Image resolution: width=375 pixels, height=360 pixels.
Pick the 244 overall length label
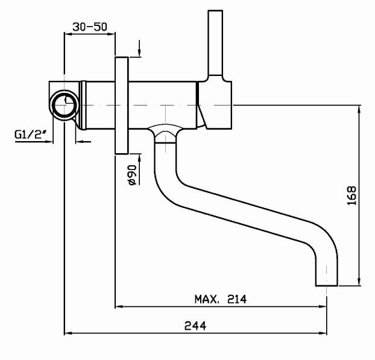tap(196, 325)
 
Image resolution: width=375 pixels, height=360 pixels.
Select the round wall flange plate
tap(121, 106)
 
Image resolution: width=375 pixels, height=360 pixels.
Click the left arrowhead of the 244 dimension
tap(68, 332)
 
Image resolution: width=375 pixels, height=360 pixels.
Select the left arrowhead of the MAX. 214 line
tap(119, 306)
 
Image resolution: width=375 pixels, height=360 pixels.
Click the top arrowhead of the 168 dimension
tap(360, 109)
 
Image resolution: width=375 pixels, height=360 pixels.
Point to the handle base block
tap(216, 103)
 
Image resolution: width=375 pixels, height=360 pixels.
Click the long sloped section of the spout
tap(241, 208)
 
